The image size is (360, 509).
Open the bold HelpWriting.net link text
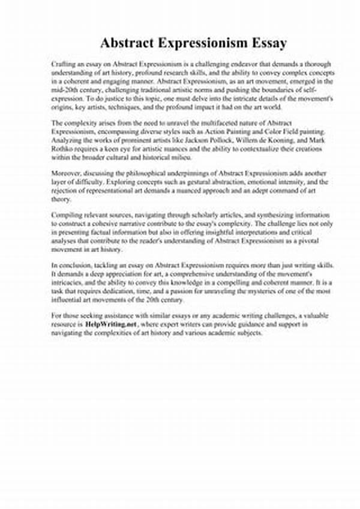click(x=112, y=324)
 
